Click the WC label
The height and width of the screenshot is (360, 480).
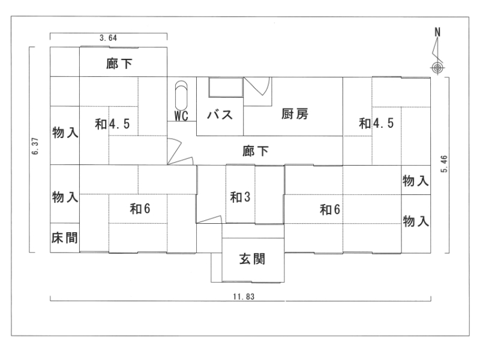click(182, 116)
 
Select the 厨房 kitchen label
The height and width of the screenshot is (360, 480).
click(295, 115)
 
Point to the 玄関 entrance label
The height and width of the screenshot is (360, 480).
click(253, 260)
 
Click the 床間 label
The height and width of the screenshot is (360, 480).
click(64, 238)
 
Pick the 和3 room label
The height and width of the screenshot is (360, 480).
click(240, 196)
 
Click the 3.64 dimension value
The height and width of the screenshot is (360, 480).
click(108, 38)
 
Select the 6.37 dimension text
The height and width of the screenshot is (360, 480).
click(37, 148)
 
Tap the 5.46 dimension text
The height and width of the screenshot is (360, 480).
click(443, 163)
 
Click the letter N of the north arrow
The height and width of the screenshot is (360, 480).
click(437, 32)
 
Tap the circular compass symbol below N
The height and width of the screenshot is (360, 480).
click(437, 68)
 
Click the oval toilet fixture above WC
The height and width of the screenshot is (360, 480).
click(181, 95)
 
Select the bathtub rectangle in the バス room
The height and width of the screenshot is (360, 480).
click(224, 87)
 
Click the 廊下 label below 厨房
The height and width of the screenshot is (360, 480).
click(256, 151)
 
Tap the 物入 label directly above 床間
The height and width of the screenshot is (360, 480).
click(64, 197)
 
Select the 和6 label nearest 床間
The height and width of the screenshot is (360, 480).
click(140, 209)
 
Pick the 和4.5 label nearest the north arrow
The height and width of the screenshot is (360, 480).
click(376, 124)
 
